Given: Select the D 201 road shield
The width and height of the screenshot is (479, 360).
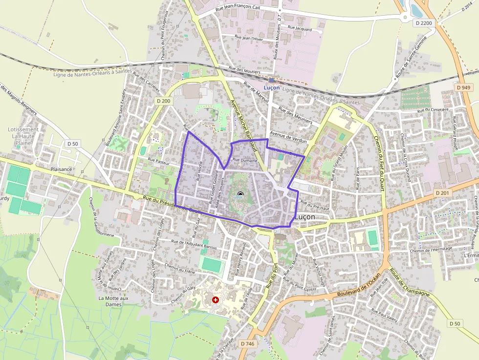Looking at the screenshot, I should [442, 193].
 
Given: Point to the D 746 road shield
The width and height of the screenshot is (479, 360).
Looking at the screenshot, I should [248, 344].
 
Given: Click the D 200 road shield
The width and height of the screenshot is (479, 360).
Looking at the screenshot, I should [164, 101].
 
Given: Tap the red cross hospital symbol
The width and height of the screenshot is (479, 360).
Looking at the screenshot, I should [216, 299].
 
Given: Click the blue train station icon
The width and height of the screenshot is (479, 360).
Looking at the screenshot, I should [271, 80].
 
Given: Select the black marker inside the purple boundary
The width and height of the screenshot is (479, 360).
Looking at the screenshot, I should [240, 195].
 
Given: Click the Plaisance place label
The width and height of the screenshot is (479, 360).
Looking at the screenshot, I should [61, 169].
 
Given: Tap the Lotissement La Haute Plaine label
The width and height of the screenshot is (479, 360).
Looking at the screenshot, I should [23, 136].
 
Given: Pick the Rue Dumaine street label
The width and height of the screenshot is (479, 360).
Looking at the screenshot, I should [245, 160].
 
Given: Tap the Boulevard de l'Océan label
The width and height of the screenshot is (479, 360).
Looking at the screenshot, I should [358, 288].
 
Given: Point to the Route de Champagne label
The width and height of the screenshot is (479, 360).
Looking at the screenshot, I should [409, 282].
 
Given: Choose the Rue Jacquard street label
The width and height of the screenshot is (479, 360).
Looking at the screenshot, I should [300, 28].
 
